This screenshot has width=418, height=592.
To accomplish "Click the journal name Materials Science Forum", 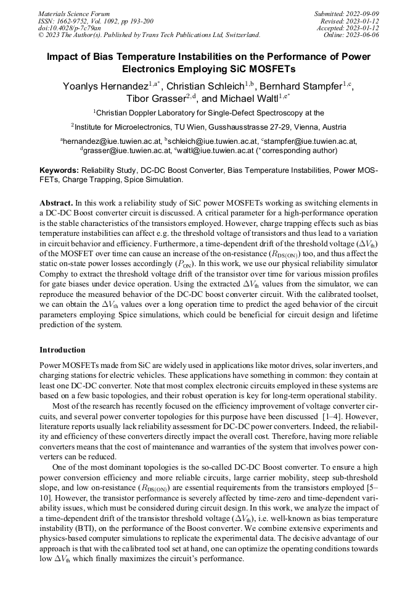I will (74, 13).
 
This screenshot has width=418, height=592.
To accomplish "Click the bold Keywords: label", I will (59, 170).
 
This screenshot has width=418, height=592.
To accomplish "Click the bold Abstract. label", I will (57, 203).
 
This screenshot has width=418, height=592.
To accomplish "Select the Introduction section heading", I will (62, 350).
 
